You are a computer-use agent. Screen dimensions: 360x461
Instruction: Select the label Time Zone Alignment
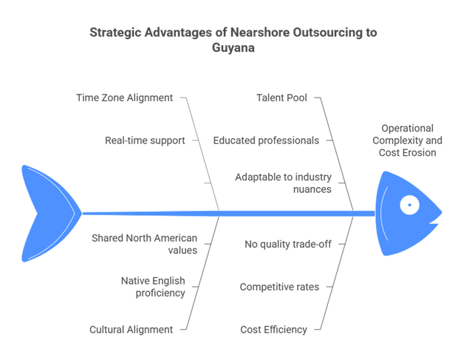coord(126,98)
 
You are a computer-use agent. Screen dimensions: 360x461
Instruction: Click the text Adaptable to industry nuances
coord(283,183)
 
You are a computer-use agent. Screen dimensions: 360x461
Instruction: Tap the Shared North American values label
coord(143,244)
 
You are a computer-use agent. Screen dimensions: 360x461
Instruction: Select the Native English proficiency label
coord(153,286)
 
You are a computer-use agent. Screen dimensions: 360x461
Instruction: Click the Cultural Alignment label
coord(131,329)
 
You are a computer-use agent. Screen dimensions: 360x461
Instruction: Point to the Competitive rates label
coord(279,286)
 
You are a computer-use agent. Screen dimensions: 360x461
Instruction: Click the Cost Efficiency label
coord(273,329)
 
